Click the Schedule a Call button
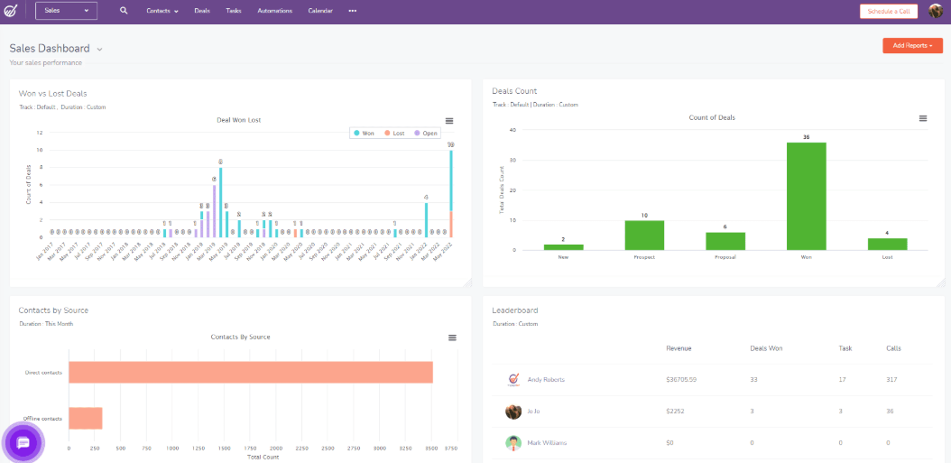889,11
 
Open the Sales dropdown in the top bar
67,11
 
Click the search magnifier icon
124,11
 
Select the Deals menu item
202,11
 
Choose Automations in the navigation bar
274,11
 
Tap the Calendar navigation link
320,11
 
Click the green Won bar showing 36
806,196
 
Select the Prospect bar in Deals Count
644,235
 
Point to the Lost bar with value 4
887,244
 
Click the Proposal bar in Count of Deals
725,241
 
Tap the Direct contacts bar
251,372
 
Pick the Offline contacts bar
86,418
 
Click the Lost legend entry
393,133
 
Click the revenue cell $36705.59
681,379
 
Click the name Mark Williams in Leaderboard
546,442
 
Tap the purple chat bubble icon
23,442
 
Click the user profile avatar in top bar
936,11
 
